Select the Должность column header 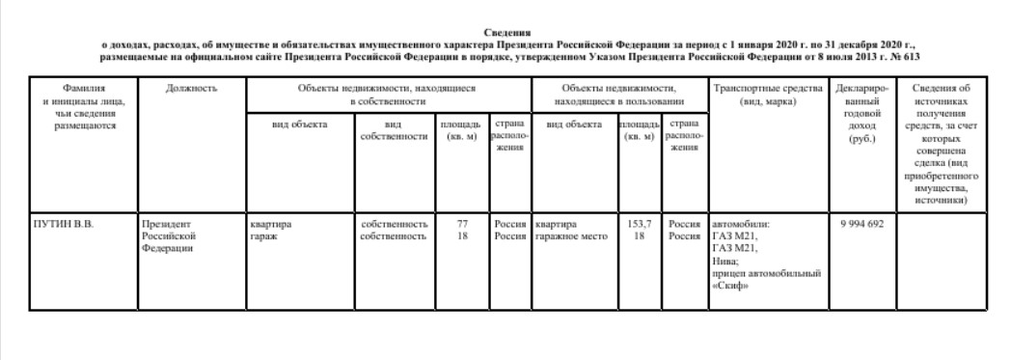point(191,89)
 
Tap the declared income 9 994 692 point(862,224)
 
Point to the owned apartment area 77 point(462,224)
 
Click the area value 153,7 point(640,224)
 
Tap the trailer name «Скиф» point(729,285)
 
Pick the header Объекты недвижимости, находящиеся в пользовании point(618,95)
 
